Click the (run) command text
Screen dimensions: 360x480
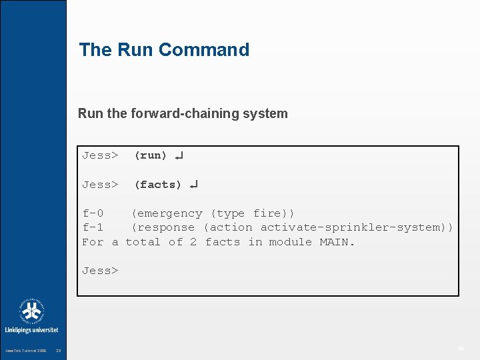click(151, 155)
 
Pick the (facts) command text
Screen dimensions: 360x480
click(158, 185)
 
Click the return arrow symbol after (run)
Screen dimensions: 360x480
click(179, 156)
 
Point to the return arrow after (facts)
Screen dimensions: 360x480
click(193, 185)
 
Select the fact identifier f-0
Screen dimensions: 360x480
click(93, 213)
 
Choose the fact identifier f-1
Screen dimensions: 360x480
click(93, 227)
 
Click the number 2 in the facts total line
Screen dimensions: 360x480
click(193, 242)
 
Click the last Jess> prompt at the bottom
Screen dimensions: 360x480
click(100, 271)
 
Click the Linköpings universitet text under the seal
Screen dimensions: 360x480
click(31, 330)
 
